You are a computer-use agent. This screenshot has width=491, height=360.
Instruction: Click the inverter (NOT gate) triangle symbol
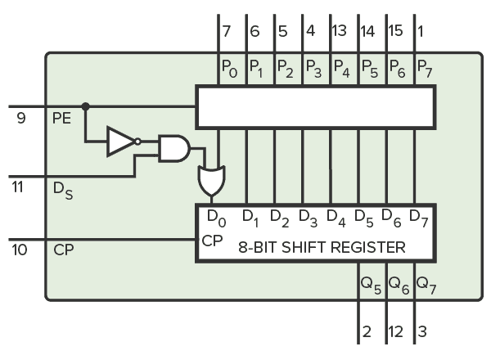[119, 142]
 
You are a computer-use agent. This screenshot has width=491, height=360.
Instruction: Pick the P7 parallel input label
[425, 67]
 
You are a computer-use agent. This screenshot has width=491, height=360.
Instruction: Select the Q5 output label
[369, 284]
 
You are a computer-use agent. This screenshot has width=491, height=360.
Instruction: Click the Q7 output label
[426, 284]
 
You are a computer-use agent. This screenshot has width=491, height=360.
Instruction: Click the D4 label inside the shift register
[335, 218]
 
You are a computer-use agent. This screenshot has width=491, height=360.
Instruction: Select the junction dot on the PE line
[85, 106]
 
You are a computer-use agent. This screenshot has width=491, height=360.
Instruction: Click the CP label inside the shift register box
[212, 242]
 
